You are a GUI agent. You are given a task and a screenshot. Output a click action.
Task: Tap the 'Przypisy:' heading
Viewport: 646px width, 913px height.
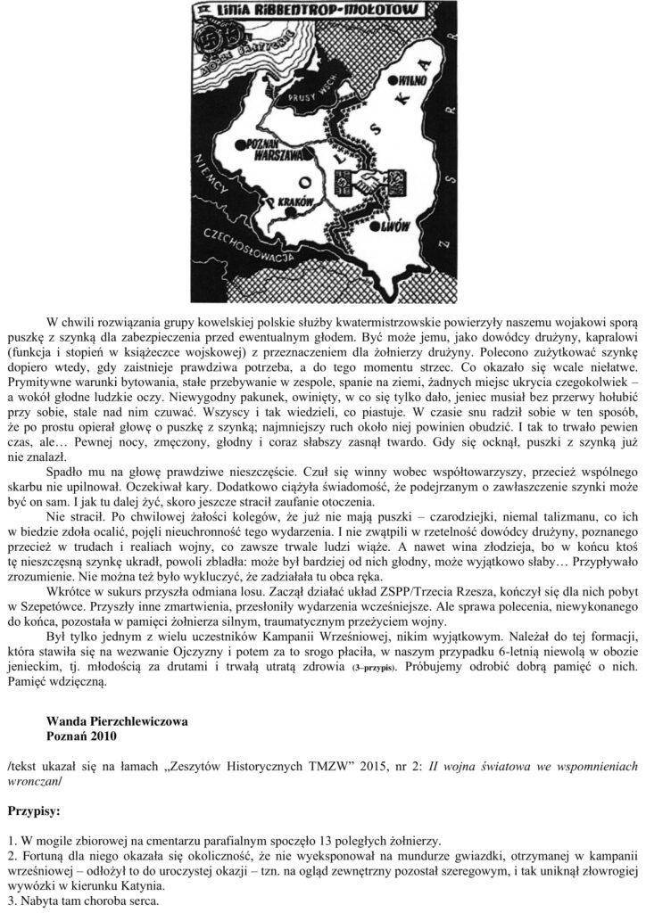point(35,812)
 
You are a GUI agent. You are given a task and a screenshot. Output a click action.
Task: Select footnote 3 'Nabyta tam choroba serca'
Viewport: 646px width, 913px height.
point(89,900)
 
